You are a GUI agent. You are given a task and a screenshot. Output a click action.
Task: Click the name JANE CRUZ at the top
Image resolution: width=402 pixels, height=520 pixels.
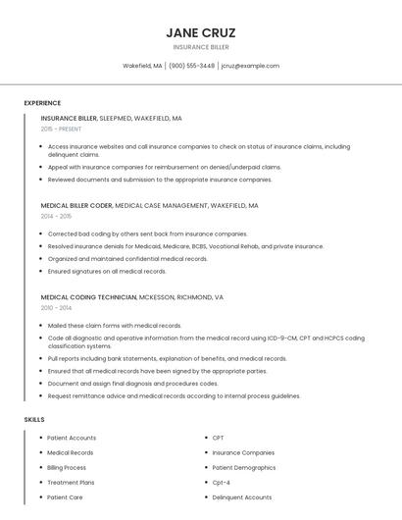(201, 32)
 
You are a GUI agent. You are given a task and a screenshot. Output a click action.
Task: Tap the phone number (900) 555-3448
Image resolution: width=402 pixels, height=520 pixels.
(191, 66)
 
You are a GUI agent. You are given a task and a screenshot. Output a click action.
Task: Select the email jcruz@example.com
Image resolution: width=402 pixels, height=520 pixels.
(250, 66)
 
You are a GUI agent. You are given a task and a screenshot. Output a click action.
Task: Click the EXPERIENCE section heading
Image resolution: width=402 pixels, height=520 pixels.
(42, 103)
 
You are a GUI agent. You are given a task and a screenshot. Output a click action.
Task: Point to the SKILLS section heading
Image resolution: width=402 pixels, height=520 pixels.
(34, 419)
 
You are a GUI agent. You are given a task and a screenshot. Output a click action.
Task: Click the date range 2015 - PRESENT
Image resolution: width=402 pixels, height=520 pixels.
(61, 129)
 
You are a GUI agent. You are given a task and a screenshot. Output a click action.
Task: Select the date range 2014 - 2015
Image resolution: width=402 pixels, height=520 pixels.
(56, 216)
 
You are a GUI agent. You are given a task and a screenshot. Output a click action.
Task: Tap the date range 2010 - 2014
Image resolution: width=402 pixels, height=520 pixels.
(56, 307)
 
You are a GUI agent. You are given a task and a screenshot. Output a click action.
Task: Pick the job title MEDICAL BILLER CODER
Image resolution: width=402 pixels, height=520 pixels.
(76, 206)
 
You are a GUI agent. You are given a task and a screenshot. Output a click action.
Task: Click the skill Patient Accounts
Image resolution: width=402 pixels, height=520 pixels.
(72, 438)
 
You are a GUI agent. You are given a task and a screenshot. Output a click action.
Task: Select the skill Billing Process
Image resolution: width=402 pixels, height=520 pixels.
(67, 467)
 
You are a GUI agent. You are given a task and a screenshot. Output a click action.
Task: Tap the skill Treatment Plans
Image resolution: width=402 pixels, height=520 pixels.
(71, 483)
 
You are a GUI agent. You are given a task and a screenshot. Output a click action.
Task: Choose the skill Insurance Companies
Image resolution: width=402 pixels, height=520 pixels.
(243, 452)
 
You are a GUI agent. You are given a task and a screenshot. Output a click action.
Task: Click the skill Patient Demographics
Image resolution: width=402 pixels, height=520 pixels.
(244, 467)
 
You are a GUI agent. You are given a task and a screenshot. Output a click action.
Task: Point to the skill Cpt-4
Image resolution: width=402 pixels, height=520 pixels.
(221, 483)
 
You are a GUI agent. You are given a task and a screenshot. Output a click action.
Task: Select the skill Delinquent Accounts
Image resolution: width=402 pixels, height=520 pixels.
(242, 497)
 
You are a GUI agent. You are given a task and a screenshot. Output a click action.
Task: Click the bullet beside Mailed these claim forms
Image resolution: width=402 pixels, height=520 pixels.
(40, 325)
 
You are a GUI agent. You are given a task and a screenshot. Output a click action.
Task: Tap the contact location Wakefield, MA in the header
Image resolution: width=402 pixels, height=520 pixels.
(142, 66)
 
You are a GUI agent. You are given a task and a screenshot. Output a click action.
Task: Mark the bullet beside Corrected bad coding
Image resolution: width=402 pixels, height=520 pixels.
(40, 234)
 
